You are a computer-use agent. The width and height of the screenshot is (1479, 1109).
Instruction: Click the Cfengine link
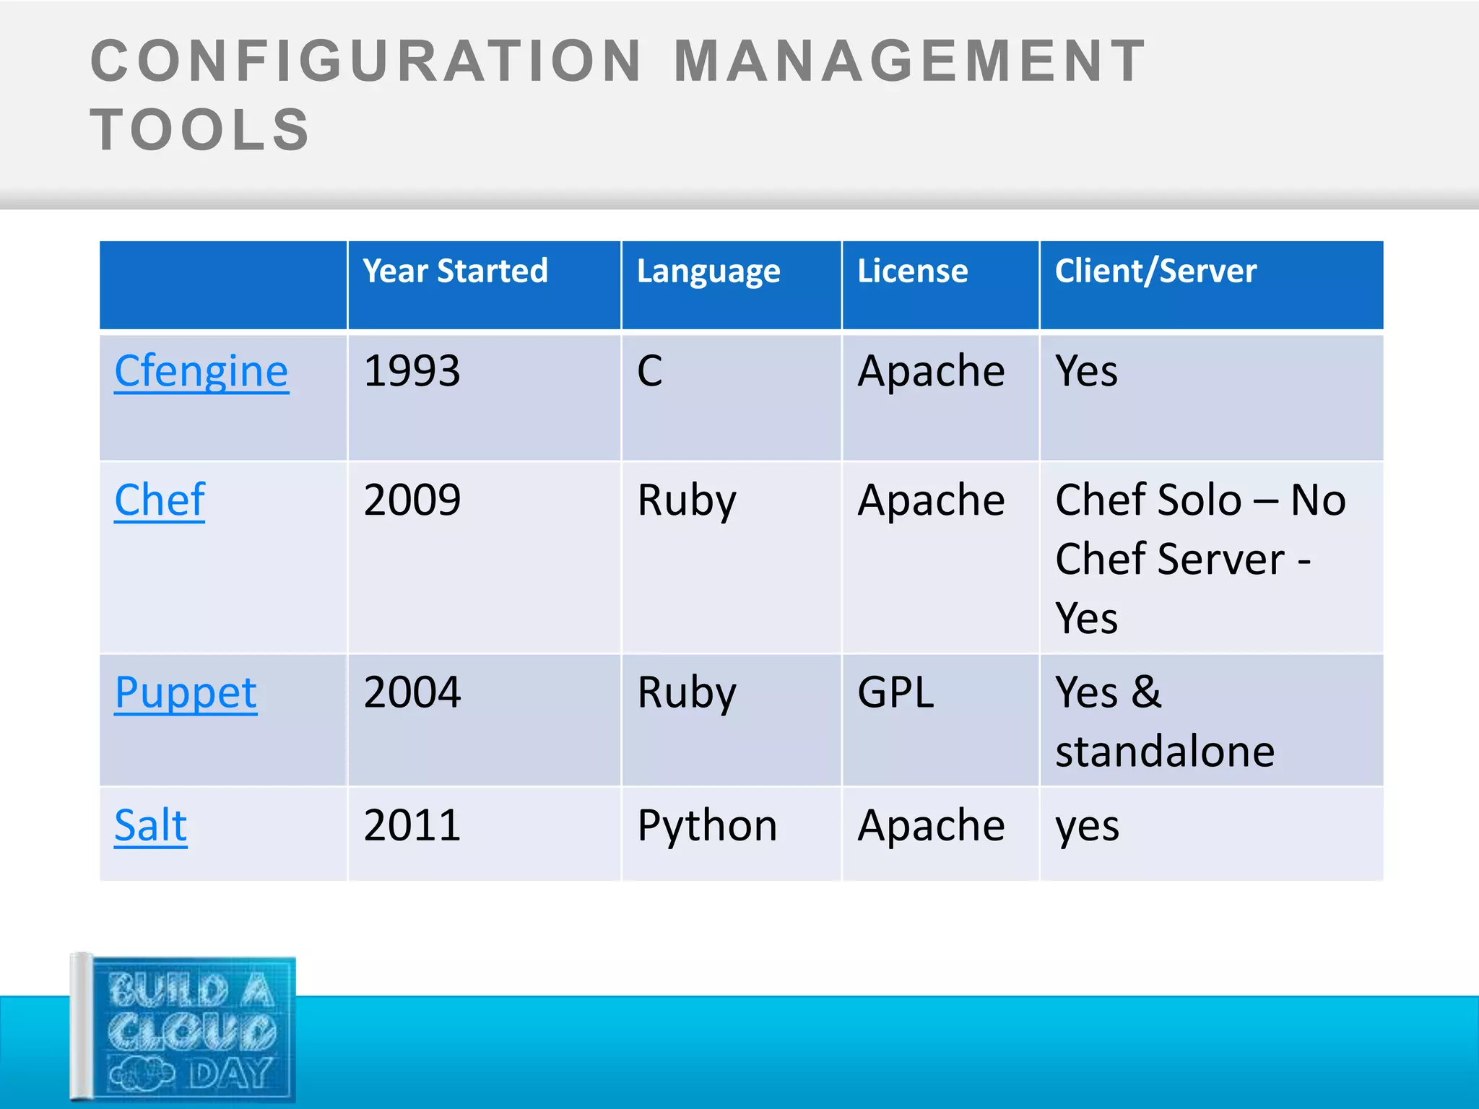point(201,372)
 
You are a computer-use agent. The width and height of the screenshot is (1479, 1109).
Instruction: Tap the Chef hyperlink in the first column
point(160,500)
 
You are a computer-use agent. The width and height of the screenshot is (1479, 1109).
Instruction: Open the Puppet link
point(186,693)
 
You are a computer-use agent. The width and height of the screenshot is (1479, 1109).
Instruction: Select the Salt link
point(151,825)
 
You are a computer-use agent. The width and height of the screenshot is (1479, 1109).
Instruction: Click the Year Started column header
point(455,271)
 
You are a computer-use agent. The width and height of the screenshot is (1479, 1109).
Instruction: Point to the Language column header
point(708,272)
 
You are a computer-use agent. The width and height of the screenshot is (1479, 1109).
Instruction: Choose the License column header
point(912,271)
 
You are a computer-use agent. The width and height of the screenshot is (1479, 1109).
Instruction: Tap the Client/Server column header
point(1155,271)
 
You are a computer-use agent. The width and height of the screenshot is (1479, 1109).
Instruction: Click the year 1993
point(412,372)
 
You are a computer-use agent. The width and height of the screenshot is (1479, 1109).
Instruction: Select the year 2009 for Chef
point(412,500)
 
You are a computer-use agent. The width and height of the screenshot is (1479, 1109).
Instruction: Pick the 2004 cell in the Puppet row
point(412,693)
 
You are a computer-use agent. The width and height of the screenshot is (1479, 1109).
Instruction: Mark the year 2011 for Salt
point(412,825)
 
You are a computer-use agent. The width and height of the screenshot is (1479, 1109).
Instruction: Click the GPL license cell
point(895,693)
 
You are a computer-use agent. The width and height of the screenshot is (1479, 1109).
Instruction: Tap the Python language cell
point(707,827)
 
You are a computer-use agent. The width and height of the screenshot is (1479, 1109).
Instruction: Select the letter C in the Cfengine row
point(649,372)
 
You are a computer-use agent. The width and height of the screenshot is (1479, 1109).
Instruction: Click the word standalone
point(1165,752)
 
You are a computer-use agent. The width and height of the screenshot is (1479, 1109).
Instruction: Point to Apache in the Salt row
point(931,825)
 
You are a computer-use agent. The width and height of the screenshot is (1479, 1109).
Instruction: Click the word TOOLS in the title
point(200,130)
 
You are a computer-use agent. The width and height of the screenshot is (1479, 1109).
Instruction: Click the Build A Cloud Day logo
point(184,1029)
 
